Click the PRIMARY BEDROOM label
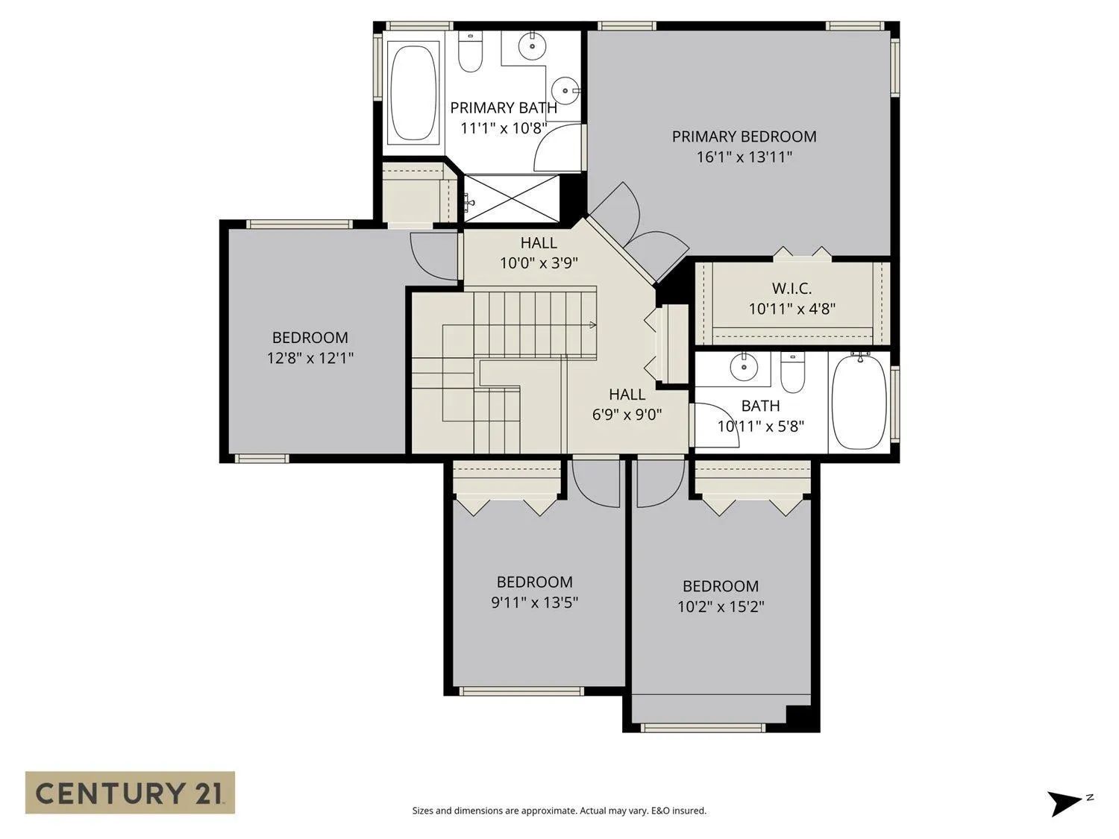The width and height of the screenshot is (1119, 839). point(744,136)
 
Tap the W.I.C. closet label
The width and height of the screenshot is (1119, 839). point(792,289)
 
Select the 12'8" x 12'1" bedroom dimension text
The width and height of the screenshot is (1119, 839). point(310,358)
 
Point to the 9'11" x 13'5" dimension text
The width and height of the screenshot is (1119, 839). point(534,603)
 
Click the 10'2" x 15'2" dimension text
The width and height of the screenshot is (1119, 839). point(721,607)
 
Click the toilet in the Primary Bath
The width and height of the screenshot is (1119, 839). point(470,51)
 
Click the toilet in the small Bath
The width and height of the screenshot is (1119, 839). point(792,372)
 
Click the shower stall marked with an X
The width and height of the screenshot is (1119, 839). point(511,198)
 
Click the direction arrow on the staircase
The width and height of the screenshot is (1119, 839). point(593,325)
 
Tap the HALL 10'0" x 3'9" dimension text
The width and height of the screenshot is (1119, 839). point(539,263)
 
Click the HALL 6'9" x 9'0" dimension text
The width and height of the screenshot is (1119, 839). point(627,415)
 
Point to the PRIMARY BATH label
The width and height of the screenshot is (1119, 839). point(504,108)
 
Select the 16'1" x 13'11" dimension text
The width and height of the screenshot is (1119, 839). point(745,157)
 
